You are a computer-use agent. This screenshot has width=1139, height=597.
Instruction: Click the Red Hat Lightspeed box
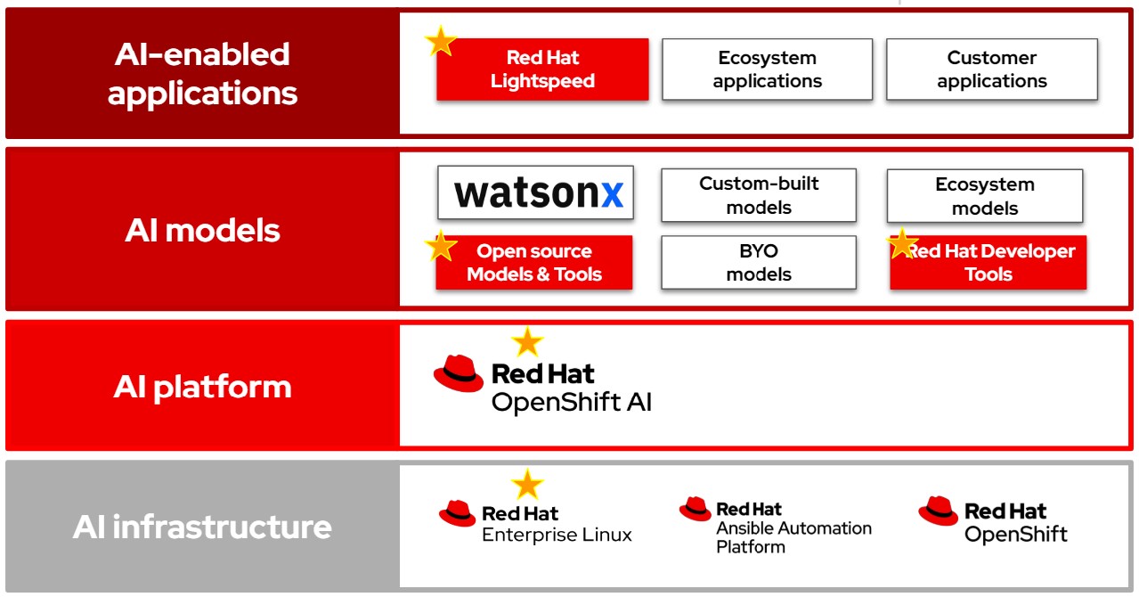(x=542, y=70)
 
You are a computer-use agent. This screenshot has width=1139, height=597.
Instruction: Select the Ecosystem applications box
(x=768, y=70)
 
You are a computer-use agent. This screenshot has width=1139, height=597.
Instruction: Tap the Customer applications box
(x=992, y=70)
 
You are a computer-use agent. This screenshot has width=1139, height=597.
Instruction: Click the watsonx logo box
(x=535, y=192)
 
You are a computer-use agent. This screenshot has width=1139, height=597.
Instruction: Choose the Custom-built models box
(x=759, y=195)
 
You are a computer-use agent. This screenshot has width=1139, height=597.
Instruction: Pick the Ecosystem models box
(x=985, y=196)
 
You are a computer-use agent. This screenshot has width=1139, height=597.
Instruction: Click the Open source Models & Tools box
(x=534, y=263)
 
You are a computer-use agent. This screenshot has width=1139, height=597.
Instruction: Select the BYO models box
(x=759, y=263)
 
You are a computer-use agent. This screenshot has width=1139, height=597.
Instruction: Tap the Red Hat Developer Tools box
(x=988, y=263)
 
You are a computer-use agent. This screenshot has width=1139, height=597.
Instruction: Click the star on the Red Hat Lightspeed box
(x=440, y=42)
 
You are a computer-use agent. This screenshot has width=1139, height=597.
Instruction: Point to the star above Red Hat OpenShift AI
(x=527, y=342)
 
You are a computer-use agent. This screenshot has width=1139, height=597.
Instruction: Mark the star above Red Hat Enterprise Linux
(x=527, y=485)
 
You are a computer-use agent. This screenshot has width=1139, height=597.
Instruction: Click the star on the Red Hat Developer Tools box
(x=902, y=243)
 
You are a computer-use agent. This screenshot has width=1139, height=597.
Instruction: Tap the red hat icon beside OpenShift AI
(x=458, y=373)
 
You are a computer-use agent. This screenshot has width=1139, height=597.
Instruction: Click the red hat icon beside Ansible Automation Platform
(x=696, y=509)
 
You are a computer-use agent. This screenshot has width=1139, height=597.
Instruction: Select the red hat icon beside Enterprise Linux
(x=457, y=513)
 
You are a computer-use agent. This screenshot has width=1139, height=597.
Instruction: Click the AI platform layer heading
(x=202, y=388)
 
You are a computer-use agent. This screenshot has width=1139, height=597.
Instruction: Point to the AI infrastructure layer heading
(x=202, y=527)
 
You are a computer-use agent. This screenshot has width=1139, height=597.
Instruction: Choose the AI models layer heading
(x=202, y=230)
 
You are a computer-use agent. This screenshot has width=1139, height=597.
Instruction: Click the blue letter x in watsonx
(x=612, y=195)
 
